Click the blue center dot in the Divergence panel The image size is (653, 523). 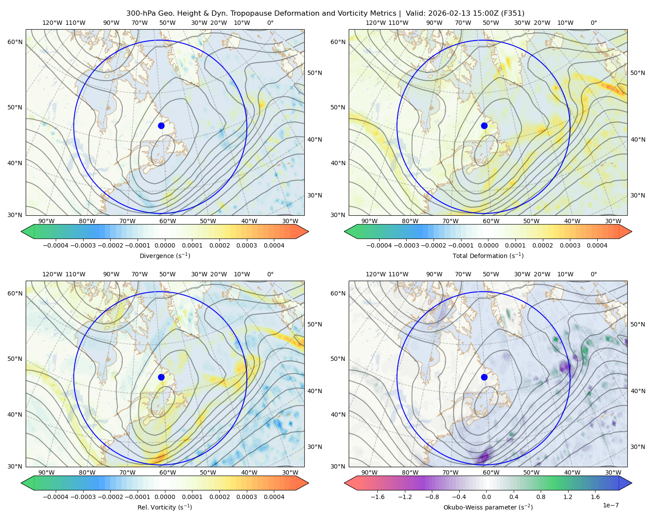[161, 126]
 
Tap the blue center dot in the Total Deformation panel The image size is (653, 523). [484, 126]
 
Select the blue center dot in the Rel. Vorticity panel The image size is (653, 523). [161, 377]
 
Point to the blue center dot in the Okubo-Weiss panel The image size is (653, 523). [484, 377]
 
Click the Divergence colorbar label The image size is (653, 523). [165, 256]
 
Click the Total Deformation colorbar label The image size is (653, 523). [488, 256]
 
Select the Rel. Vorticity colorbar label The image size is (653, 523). [165, 507]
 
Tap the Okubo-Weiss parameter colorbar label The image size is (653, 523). [488, 507]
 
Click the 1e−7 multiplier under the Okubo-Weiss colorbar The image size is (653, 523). [610, 505]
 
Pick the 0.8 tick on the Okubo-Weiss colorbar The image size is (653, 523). [541, 497]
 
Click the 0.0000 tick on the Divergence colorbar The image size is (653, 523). [165, 245]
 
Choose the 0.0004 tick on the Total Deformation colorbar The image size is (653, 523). [597, 245]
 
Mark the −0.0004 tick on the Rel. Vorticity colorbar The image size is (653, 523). [56, 497]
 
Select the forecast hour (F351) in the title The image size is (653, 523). [512, 14]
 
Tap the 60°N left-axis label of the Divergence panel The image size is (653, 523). [15, 42]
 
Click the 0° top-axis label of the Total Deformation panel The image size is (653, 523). [593, 23]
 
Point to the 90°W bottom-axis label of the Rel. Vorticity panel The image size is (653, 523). [46, 472]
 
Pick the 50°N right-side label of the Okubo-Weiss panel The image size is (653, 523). [637, 324]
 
